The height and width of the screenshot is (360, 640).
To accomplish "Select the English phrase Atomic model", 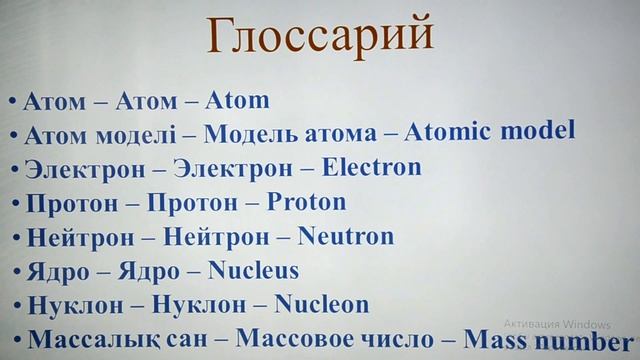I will (492, 130).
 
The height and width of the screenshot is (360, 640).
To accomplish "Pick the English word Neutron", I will (345, 236).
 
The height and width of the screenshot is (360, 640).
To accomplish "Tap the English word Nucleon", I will (321, 303).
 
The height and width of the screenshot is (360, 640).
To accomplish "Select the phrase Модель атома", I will (289, 132).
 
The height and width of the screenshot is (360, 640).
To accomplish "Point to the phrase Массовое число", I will (340, 338).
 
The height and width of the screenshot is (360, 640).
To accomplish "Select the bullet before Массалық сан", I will (17, 340).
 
